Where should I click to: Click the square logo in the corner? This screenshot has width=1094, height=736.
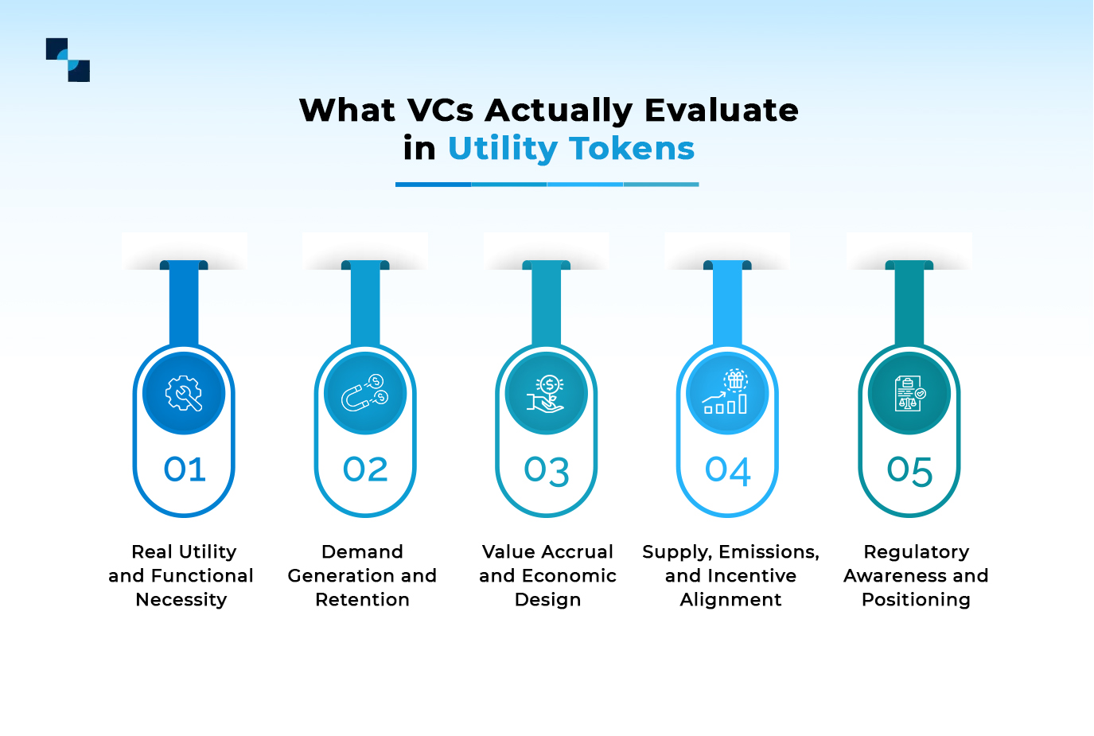point(68,60)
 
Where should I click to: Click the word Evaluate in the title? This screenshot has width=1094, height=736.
point(721,111)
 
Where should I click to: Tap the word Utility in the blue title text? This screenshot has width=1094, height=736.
point(503,149)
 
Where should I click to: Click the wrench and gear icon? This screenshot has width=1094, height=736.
point(184,393)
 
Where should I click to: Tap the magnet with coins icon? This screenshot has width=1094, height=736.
point(365,393)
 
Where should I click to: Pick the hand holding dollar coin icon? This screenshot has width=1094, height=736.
point(547,393)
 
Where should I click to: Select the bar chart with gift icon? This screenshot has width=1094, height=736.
point(727,393)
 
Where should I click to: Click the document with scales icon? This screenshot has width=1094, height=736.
point(909,393)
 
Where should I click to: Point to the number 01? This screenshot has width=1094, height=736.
point(185,469)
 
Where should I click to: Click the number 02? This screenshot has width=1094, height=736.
point(365,469)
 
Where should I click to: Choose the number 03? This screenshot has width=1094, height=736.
point(547,471)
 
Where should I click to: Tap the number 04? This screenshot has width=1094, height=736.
point(728,471)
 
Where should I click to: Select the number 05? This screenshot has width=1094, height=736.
point(909,471)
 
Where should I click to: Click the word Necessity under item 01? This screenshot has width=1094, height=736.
point(181,600)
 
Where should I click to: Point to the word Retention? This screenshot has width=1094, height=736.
point(362,600)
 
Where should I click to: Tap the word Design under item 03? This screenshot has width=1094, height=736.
point(547,600)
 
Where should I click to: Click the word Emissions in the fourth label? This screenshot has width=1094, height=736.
point(769,552)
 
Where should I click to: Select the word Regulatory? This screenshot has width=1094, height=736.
point(916,552)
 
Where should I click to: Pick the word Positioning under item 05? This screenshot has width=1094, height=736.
point(916,600)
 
